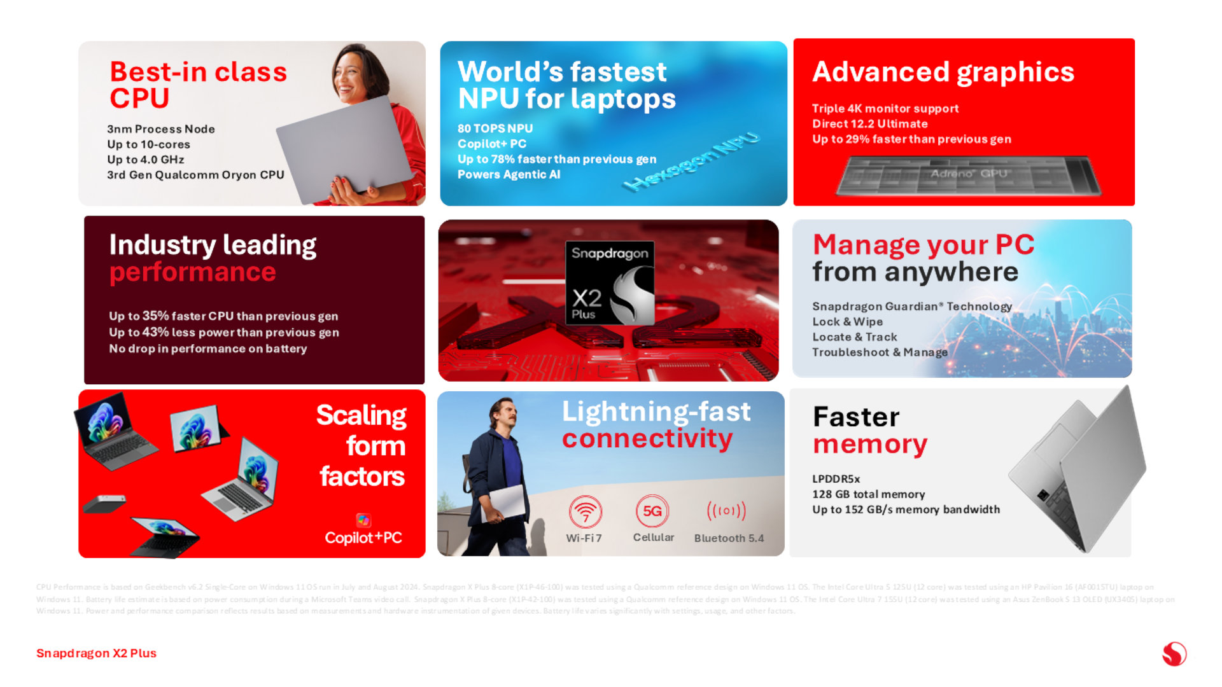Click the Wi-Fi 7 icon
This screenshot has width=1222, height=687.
tap(585, 511)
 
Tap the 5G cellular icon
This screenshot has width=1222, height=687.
tap(652, 511)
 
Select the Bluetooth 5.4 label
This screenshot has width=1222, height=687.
tap(729, 538)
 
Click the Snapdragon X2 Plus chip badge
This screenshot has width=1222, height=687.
tap(610, 283)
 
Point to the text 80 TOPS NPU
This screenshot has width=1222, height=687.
tap(495, 128)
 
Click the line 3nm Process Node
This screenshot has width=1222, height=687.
tap(161, 129)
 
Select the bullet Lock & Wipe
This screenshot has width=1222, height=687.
tap(847, 322)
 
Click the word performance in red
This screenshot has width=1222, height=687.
tap(193, 272)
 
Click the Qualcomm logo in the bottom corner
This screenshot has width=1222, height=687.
tap(1174, 654)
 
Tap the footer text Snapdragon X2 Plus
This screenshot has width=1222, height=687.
tap(96, 653)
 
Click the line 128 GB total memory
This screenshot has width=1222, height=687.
tap(868, 494)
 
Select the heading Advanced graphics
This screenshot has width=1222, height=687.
tap(943, 72)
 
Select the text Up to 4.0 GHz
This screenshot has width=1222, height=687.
tap(146, 160)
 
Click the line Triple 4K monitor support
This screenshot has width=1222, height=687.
tap(885, 109)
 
